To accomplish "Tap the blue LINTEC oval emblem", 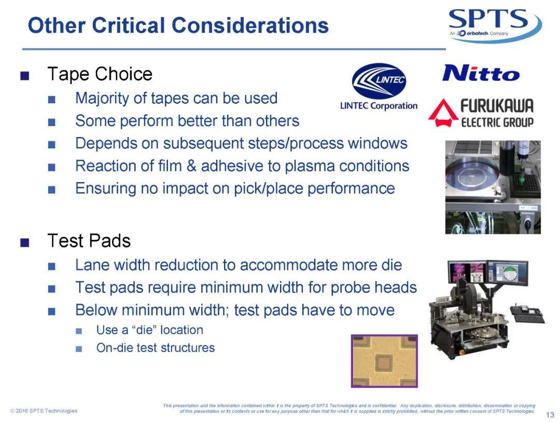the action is (379, 81).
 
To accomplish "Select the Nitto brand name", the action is (481, 73).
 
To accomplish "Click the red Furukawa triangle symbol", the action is (443, 113).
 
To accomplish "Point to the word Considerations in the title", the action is (250, 25).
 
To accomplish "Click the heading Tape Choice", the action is (100, 74).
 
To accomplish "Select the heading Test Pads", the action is (89, 241).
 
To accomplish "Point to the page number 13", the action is (550, 415).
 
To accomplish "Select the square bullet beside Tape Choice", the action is (25, 75).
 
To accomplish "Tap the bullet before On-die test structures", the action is (79, 349).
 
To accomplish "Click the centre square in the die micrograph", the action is (384, 364).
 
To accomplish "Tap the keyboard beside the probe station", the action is (527, 314).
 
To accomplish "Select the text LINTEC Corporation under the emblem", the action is (379, 106).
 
